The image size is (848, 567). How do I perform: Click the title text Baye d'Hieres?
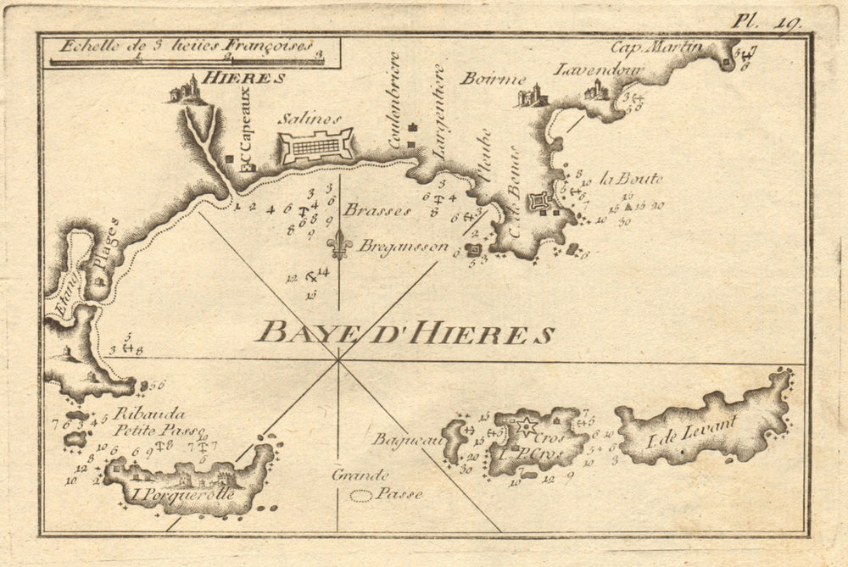click(405, 331)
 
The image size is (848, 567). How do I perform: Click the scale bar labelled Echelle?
click(187, 59)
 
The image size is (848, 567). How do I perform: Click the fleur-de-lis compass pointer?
click(339, 243)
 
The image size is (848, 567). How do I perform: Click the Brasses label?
click(377, 209)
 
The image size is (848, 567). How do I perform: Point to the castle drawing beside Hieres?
click(187, 90)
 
